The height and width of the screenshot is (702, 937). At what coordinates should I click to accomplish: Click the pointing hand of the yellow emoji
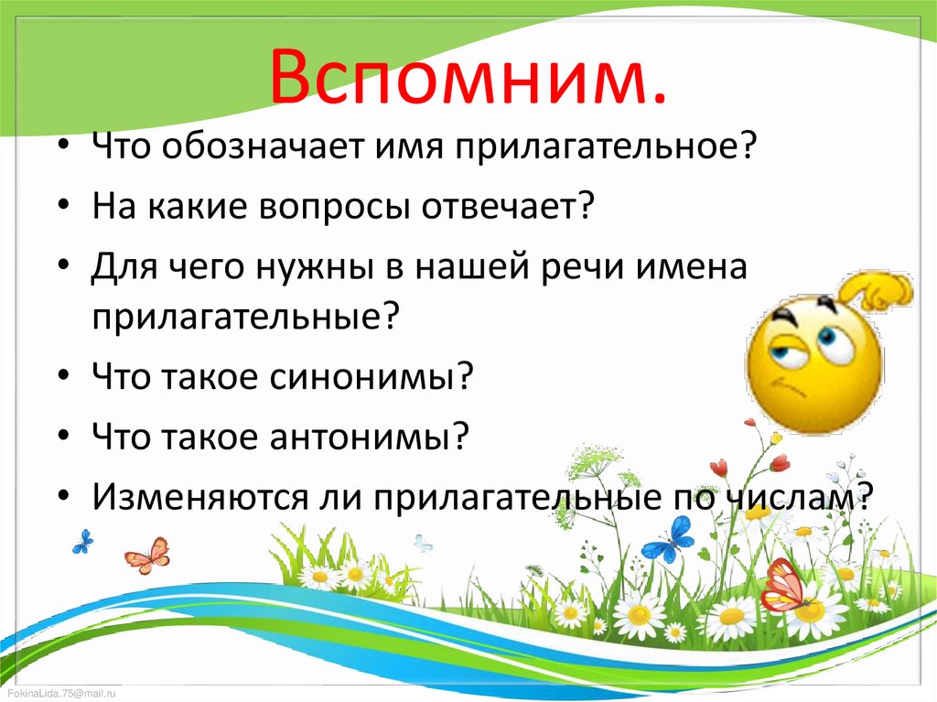[x=878, y=292]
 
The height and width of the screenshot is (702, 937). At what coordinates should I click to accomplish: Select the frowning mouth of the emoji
[x=789, y=391]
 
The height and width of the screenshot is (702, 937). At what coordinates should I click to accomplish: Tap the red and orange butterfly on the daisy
[x=785, y=586]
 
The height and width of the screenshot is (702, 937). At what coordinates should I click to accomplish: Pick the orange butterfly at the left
[x=147, y=555]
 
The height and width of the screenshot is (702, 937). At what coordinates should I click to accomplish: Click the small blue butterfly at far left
[x=82, y=541]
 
